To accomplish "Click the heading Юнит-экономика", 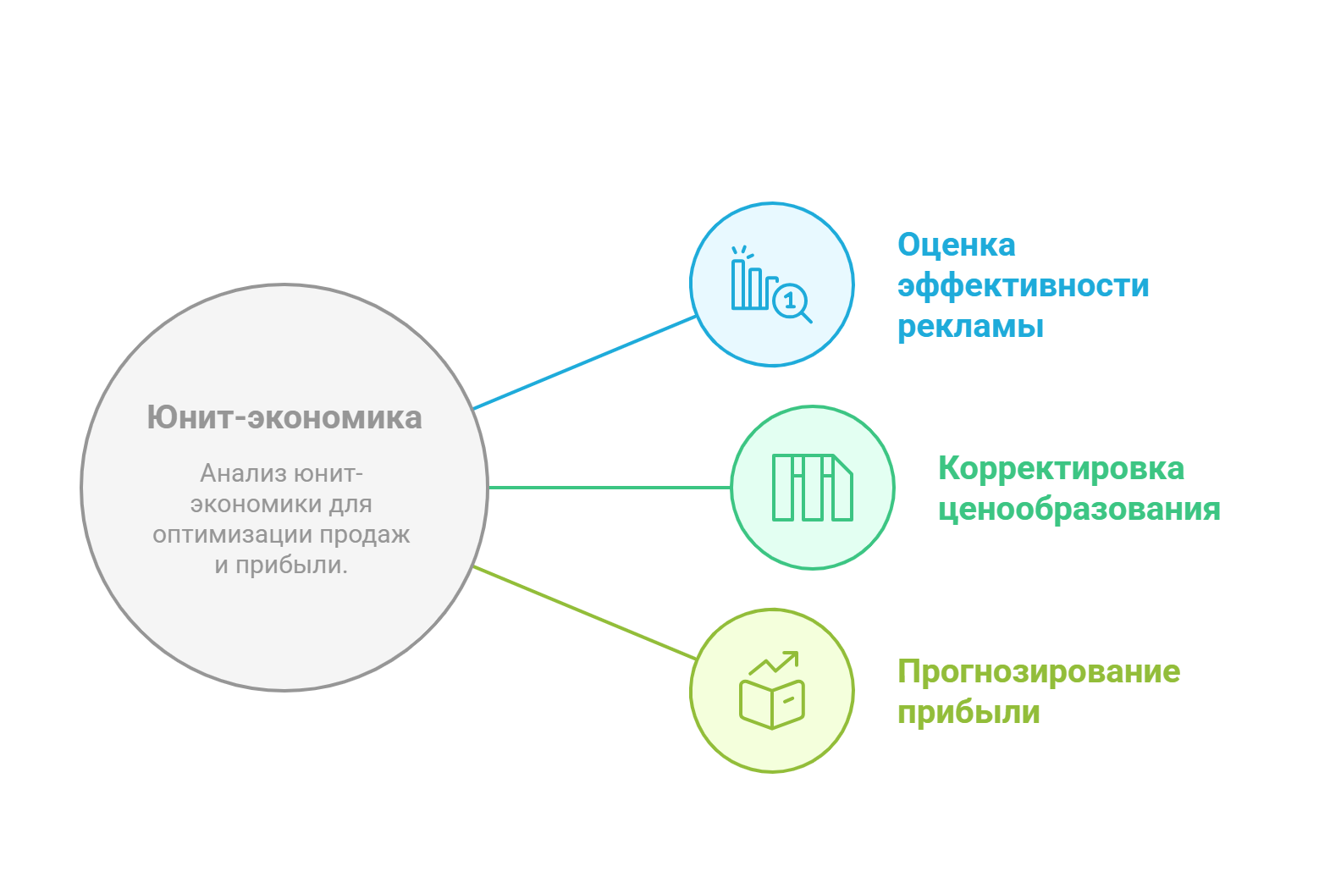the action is coord(284,417).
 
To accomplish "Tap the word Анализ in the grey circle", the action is coord(244,473).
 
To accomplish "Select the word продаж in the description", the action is coord(364,534).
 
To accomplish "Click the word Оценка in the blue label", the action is coord(957,245).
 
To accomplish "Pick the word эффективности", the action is coord(1024,285).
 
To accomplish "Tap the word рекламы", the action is coord(970,327).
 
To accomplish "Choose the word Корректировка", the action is coord(1061,468).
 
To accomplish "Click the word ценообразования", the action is coord(1079,510).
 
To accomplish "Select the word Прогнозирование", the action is coord(1039,671).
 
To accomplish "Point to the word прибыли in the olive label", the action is coord(968,713).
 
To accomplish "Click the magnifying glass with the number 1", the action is coord(792,302).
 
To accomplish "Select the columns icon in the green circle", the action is coord(813,488).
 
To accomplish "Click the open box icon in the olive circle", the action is coord(772,704).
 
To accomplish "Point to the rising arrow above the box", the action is coord(774,662).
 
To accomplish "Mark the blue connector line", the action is coord(584,363).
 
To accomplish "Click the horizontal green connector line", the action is coord(610,488).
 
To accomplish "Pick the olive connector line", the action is coord(584,613).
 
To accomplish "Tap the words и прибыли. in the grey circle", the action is coord(281,566).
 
